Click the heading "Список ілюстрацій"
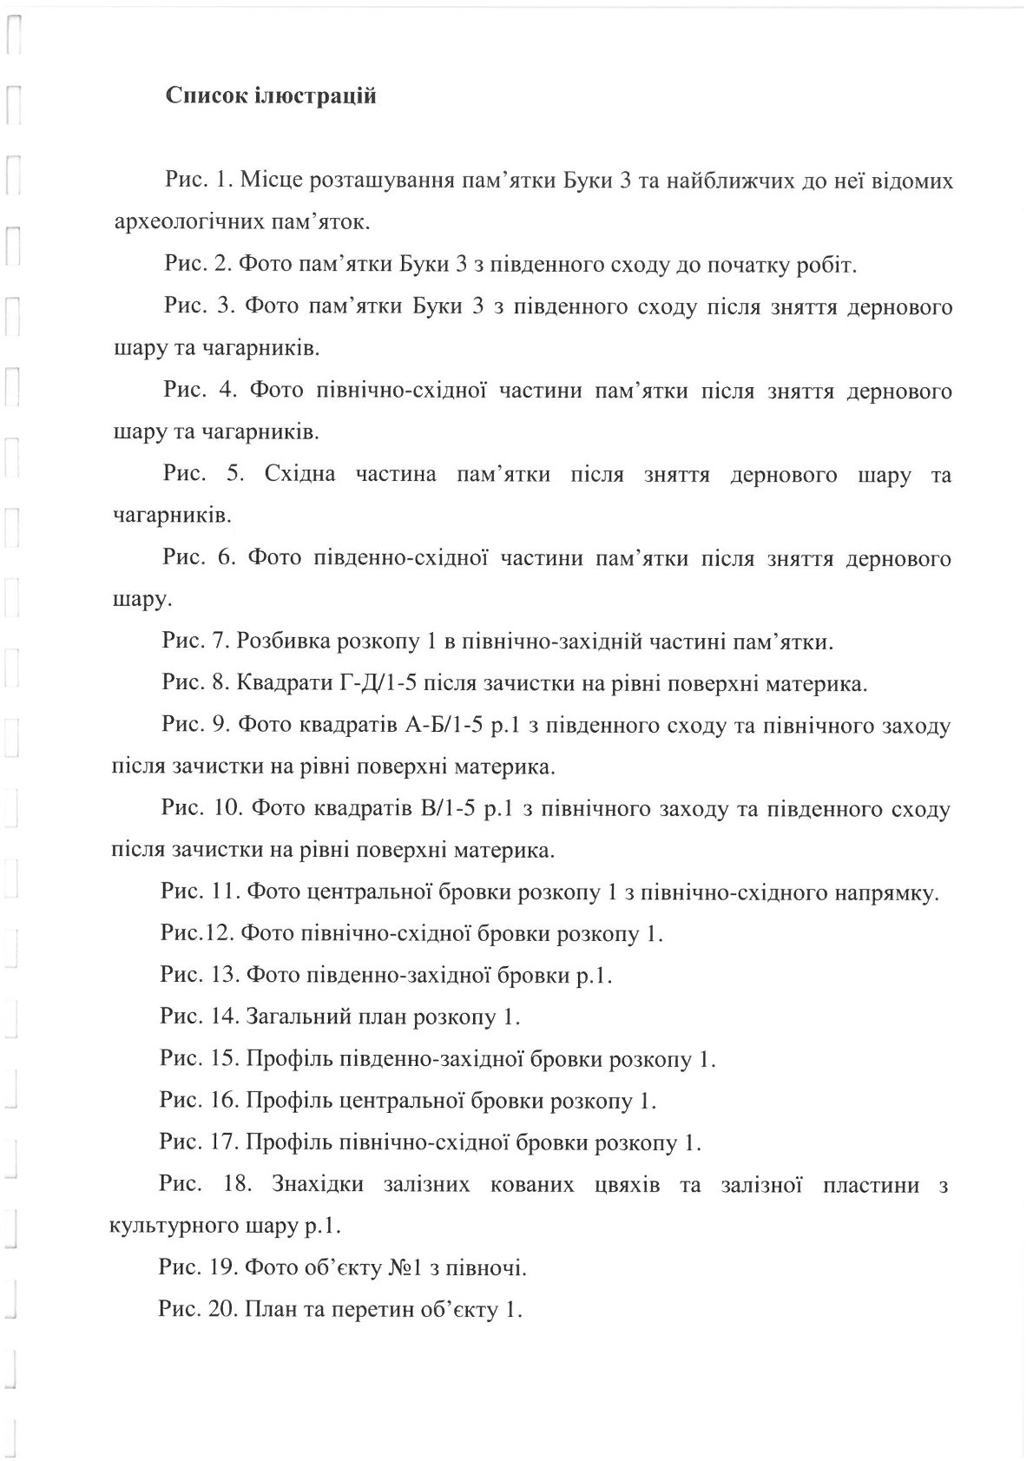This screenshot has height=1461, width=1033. (271, 95)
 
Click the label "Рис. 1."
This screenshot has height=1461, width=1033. (197, 181)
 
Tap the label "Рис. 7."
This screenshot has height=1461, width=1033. (195, 642)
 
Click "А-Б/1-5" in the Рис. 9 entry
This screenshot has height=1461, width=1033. (444, 726)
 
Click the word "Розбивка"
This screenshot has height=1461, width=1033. (287, 642)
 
